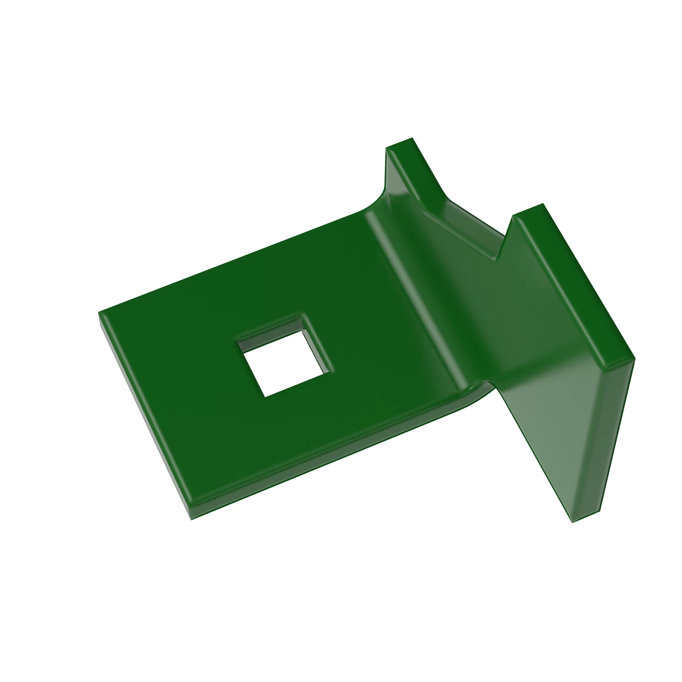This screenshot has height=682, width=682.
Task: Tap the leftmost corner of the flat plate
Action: [99, 313]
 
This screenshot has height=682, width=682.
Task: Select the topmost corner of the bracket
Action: [412, 138]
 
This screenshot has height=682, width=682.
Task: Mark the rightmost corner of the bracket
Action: [635, 359]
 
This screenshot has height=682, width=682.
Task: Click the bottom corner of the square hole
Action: [265, 397]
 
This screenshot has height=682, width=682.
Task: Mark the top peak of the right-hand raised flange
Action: [543, 204]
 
